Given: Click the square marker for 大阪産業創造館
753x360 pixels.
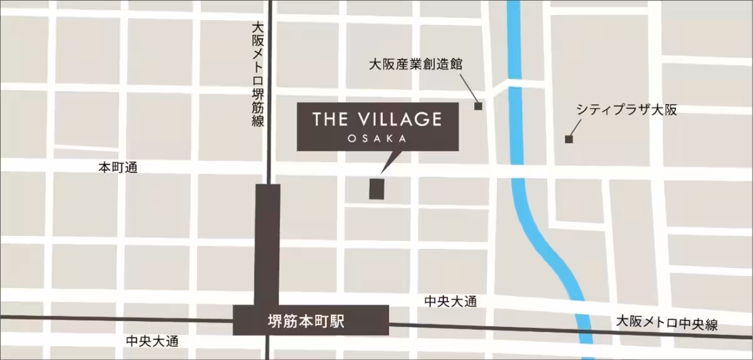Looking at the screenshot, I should (478, 107).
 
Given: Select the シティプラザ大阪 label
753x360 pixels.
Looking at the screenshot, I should (627, 110).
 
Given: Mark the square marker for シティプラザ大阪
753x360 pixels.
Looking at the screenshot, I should (569, 139).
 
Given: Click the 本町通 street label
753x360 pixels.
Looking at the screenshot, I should (117, 167).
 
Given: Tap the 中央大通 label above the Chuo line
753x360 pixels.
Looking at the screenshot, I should (451, 302).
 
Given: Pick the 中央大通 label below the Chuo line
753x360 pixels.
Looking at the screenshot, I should (152, 342).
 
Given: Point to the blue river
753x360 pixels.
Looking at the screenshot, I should (518, 157).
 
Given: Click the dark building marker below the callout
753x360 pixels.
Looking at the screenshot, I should (376, 189).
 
